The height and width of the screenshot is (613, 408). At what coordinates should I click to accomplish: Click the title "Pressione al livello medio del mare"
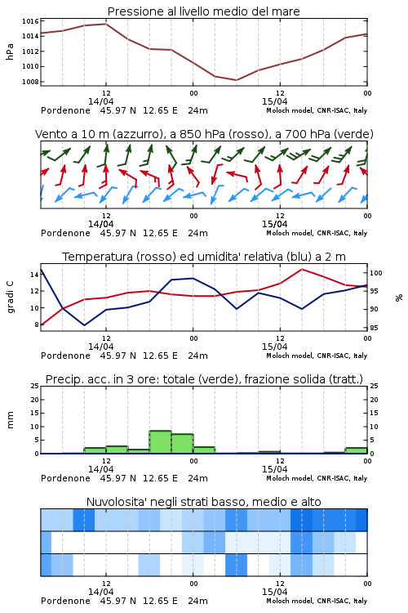(x=203, y=11)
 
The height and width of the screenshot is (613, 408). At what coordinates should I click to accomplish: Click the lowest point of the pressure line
(x=236, y=80)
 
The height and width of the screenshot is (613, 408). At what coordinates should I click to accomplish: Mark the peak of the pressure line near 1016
(x=106, y=24)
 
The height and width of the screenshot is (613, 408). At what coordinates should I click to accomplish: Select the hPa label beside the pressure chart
(x=10, y=51)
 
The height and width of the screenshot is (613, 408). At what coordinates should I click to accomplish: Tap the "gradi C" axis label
(x=11, y=298)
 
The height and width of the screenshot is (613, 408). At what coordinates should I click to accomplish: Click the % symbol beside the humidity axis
(x=399, y=298)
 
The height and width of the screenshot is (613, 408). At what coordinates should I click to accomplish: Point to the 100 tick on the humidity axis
(x=375, y=273)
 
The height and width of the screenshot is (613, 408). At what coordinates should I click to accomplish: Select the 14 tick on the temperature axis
(x=34, y=275)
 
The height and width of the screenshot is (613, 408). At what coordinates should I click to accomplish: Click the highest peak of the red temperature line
(x=301, y=269)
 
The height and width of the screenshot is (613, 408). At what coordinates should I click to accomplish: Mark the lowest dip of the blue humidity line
(x=84, y=325)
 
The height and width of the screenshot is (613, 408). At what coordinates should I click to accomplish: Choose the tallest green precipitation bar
(x=161, y=442)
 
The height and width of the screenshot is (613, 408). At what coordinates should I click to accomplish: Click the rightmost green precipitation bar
(x=356, y=450)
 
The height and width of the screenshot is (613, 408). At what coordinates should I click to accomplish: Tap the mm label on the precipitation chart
(x=11, y=420)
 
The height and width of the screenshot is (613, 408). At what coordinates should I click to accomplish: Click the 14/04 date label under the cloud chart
(x=100, y=592)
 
